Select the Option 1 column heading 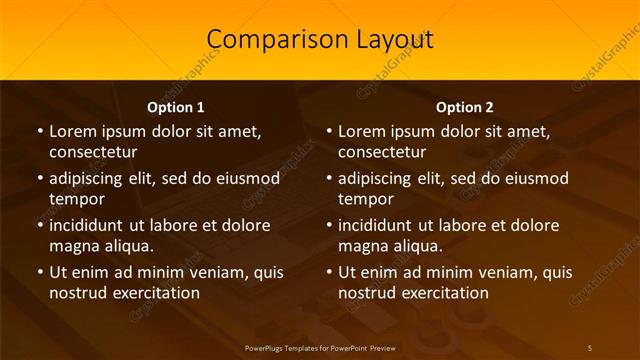tap(176, 107)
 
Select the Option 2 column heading tap(465, 107)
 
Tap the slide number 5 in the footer tap(589, 347)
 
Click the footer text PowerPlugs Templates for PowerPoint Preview tap(320, 347)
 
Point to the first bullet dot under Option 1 tap(40, 131)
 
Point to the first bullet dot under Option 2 tap(329, 131)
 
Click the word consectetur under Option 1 tap(93, 152)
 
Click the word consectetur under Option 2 tap(382, 152)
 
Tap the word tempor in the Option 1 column tap(77, 199)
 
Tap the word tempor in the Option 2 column tap(366, 199)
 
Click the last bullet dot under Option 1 tap(40, 272)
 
